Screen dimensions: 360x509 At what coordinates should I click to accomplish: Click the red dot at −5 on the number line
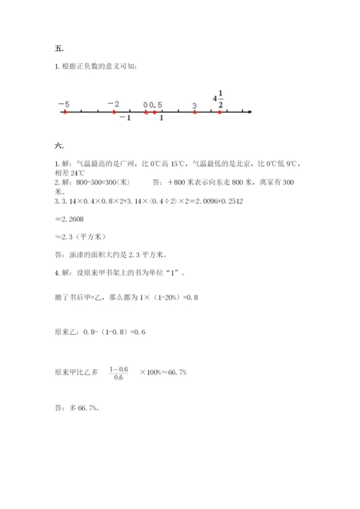click(x=64, y=112)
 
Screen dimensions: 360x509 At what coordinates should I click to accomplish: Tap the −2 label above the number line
click(x=113, y=104)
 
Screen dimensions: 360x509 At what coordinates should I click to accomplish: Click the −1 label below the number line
click(x=125, y=119)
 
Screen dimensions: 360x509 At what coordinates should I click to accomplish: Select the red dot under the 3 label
click(x=195, y=112)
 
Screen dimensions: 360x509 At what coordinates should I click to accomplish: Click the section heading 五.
click(x=59, y=49)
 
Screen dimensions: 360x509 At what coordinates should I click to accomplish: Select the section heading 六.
click(x=59, y=146)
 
